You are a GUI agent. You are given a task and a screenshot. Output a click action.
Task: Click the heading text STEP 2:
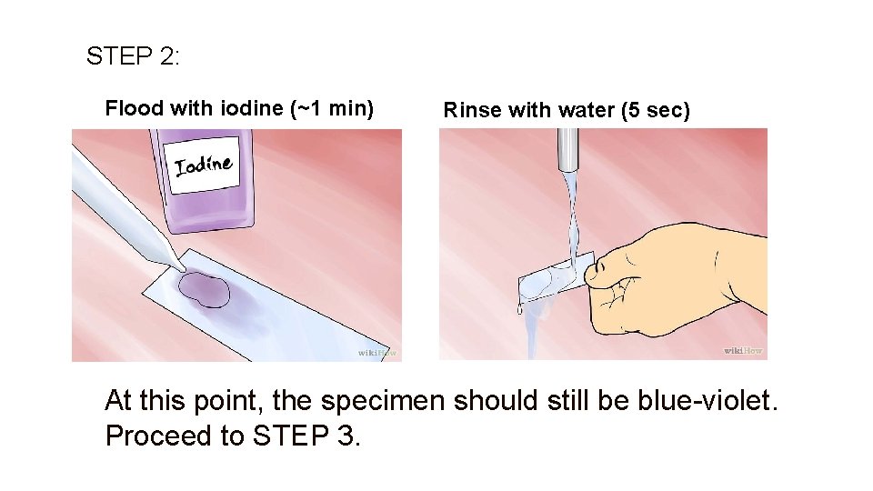click(133, 56)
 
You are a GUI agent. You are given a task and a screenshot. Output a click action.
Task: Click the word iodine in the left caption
click(252, 109)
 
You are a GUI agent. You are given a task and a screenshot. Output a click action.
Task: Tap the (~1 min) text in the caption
click(331, 109)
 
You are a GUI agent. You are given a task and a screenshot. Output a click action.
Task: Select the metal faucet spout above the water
click(568, 149)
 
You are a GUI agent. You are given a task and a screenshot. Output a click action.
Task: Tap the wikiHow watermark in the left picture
click(376, 352)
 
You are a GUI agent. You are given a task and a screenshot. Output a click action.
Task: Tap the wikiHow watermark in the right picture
click(743, 350)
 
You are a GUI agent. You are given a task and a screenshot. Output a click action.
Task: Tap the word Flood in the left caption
click(135, 109)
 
